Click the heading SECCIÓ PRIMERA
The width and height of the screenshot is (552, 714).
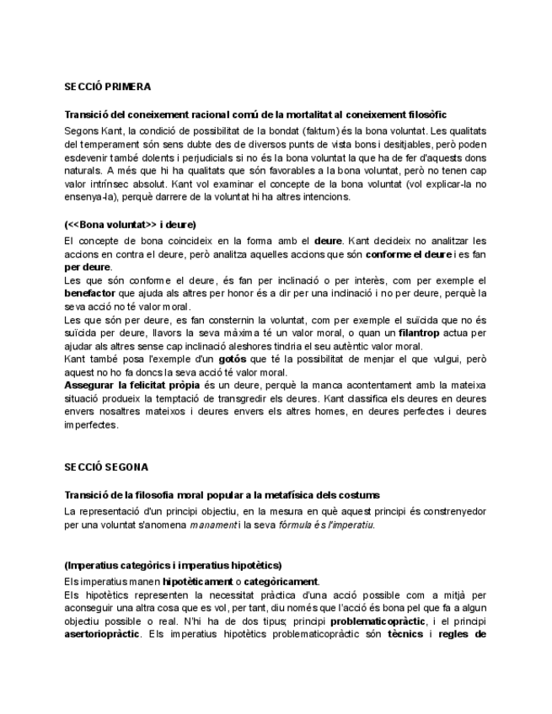pos(107,86)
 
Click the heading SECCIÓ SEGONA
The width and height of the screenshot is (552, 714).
pos(105,466)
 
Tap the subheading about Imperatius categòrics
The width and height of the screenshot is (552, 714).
pos(173,565)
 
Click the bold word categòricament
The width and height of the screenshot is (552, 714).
pos(279,581)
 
